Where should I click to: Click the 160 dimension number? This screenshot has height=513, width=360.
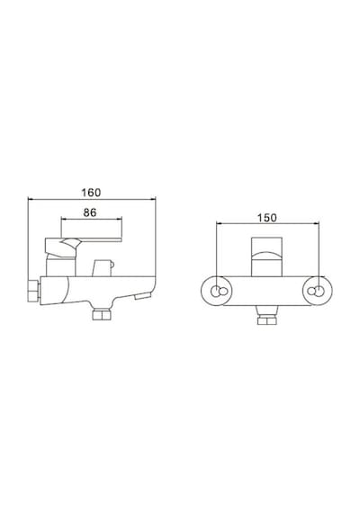pyautogui.click(x=91, y=193)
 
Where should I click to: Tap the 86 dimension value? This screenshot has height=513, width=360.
pyautogui.click(x=90, y=212)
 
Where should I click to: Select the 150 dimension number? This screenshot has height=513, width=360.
pyautogui.click(x=266, y=218)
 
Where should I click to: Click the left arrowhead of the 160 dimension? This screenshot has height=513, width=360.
pyautogui.click(x=31, y=199)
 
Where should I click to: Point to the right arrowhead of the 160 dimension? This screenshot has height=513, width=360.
pyautogui.click(x=153, y=199)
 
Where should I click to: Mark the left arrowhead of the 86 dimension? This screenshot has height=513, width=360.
pyautogui.click(x=64, y=219)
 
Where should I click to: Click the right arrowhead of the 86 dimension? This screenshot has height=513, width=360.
pyautogui.click(x=119, y=219)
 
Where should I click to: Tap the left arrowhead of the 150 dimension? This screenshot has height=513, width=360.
pyautogui.click(x=220, y=223)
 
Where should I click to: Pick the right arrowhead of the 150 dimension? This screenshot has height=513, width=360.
pyautogui.click(x=316, y=223)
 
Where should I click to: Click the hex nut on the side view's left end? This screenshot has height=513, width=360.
pyautogui.click(x=33, y=291)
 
